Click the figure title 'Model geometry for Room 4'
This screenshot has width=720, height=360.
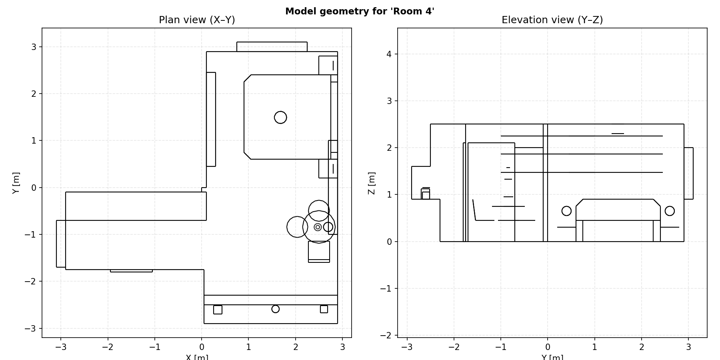click(x=360, y=11)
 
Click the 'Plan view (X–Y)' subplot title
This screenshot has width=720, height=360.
click(x=197, y=20)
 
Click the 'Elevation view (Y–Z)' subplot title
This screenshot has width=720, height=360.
click(x=552, y=20)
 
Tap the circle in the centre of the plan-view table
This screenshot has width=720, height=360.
click(x=280, y=117)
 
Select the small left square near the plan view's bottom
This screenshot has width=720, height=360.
click(x=218, y=310)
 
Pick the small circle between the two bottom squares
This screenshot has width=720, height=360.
click(x=275, y=309)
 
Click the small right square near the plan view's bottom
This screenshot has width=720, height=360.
click(x=324, y=309)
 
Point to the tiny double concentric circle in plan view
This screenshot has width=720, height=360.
click(x=318, y=227)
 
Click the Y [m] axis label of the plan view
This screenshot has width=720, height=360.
click(x=16, y=183)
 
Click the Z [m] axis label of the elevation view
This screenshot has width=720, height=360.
click(x=371, y=183)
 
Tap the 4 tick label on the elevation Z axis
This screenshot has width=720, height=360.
click(x=389, y=54)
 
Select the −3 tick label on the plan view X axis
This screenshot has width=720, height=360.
click(x=60, y=347)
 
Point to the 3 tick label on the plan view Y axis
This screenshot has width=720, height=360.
click(x=34, y=47)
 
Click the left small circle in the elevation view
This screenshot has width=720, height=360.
click(x=566, y=211)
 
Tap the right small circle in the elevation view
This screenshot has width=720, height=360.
click(x=670, y=211)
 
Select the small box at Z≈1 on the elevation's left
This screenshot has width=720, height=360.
click(x=426, y=194)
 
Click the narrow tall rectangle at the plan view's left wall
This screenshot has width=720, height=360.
click(x=211, y=119)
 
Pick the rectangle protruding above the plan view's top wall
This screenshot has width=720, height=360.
click(x=272, y=46)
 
